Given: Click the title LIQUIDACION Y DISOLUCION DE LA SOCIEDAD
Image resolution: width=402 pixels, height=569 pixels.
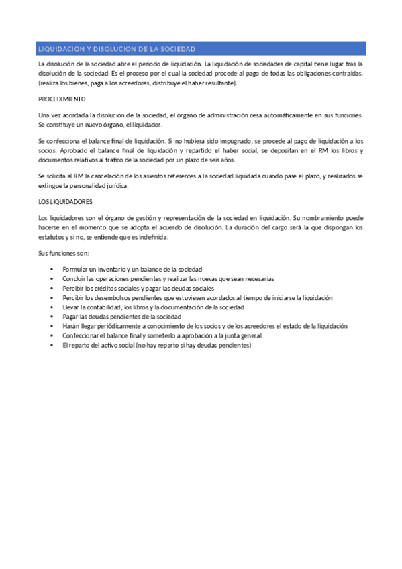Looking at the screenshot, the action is point(117,49).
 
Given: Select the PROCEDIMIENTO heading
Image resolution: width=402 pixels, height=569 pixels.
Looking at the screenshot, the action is point(58,99).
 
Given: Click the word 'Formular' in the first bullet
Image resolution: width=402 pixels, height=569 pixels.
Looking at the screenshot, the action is point(76,269).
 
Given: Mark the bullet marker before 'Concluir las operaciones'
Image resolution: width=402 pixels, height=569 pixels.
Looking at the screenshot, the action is point(52,278).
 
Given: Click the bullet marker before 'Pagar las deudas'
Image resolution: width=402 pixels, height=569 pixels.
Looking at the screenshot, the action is point(52,316).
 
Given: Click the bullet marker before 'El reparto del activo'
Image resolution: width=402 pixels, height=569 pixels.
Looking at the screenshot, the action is point(52,344).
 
